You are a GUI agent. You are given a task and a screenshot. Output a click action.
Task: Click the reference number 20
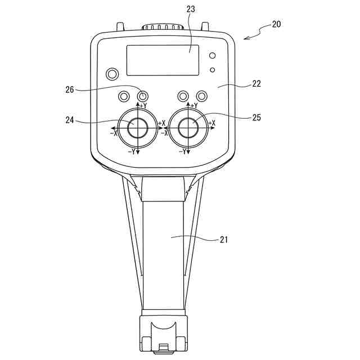pyautogui.click(x=276, y=24)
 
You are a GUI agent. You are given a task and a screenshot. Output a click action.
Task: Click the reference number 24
pyautogui.click(x=69, y=120)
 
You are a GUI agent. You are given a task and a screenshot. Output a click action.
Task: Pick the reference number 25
pyautogui.click(x=256, y=117)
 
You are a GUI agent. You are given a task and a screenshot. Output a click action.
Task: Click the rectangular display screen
pyautogui.click(x=163, y=60)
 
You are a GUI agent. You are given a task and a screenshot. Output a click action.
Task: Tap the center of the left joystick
pyautogui.click(x=138, y=128)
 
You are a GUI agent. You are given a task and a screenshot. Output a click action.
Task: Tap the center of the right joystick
pyautogui.click(x=188, y=128)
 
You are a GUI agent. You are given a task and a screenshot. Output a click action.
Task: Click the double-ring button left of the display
pyautogui.click(x=112, y=74)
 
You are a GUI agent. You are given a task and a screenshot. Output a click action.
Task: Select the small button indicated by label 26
pyautogui.click(x=143, y=96)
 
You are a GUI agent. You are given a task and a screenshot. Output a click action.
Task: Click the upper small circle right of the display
pyautogui.click(x=212, y=56)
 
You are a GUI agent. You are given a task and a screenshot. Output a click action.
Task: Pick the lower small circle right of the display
pyautogui.click(x=212, y=70)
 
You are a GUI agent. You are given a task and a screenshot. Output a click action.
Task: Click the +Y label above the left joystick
pyautogui.click(x=143, y=106)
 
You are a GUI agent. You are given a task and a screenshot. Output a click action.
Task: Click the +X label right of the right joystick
pyautogui.click(x=212, y=123)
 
